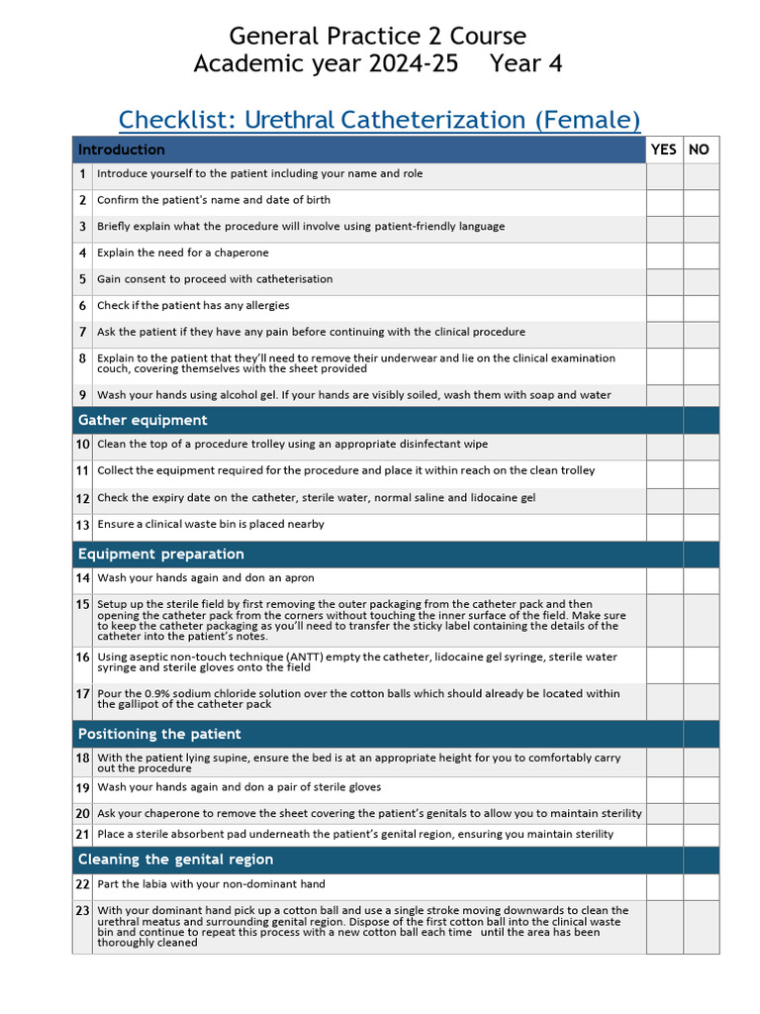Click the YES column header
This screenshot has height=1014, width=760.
point(664,150)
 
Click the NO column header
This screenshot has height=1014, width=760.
point(700,150)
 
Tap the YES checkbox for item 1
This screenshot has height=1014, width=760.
point(664,175)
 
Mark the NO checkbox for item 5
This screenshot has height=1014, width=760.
point(701,280)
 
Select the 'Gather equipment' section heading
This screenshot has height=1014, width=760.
point(142,420)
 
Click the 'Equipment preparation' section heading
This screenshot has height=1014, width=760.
point(160,554)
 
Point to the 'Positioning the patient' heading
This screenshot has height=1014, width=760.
point(159,734)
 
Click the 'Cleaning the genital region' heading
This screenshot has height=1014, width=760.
point(175,860)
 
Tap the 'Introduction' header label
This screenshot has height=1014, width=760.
point(121,150)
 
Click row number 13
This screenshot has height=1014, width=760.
point(83,525)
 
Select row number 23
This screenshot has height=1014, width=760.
point(83,911)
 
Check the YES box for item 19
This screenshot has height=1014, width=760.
point(664,789)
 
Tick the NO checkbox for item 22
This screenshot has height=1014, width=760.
point(701,886)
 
